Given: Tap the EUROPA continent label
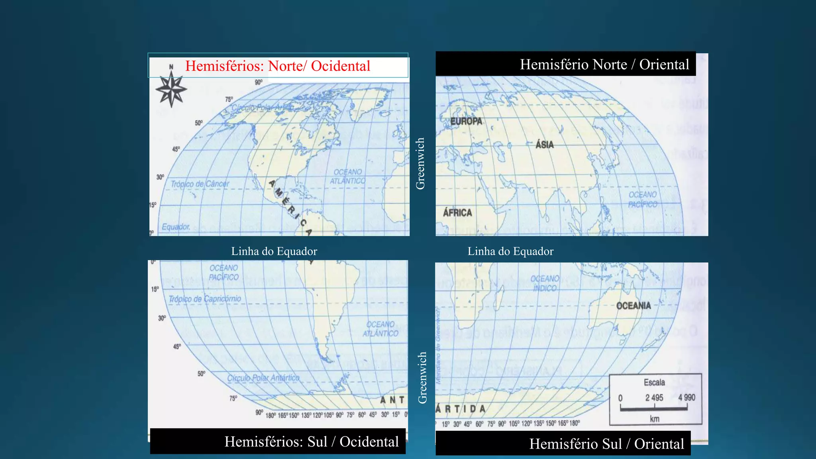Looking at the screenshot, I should tap(466, 121).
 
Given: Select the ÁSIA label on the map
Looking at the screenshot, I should tap(545, 144).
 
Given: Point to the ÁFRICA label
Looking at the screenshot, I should tap(457, 213).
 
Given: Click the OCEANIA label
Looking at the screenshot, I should tap(634, 306).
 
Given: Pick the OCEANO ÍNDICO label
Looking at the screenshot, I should tap(545, 283).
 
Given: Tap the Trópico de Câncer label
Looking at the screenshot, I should tap(200, 184).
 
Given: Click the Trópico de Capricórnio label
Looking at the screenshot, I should tap(205, 299).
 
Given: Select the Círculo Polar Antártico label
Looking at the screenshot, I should tap(263, 378).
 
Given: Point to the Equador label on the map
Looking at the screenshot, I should tap(176, 227).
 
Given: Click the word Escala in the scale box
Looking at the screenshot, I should tap(654, 382).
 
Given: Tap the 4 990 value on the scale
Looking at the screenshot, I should tap(687, 398).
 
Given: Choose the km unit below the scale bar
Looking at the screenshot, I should tap(655, 419).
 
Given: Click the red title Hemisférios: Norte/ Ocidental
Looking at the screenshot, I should tap(278, 66).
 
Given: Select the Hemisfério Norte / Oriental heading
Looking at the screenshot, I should tap(604, 65).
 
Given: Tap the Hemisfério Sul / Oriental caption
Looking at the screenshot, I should tap(606, 444).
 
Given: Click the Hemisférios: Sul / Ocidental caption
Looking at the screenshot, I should tap(312, 441).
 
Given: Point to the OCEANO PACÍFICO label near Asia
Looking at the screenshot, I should tap(643, 200).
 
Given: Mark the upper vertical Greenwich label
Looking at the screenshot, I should tap(420, 163).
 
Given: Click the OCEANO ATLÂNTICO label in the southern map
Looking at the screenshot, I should tap(381, 329).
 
